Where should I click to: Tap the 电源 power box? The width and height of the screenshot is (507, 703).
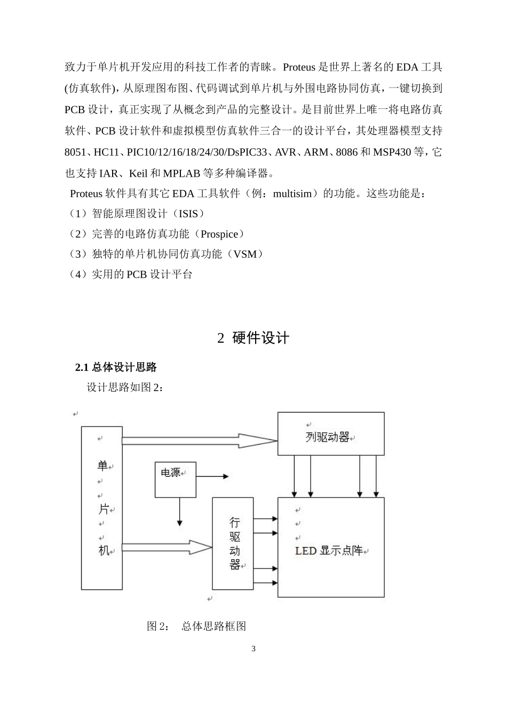click(175, 479)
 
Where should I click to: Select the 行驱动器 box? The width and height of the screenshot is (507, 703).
click(233, 543)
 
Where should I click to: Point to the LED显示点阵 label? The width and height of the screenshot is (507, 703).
click(329, 550)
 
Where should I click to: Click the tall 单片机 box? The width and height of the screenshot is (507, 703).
click(102, 507)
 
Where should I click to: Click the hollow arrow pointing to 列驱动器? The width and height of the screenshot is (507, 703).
click(199, 440)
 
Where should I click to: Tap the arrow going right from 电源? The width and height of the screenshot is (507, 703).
click(212, 476)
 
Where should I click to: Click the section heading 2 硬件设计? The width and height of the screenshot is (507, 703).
click(253, 338)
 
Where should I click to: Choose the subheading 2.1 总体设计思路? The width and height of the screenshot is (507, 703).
click(116, 367)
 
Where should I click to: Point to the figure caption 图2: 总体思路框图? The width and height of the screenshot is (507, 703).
click(196, 626)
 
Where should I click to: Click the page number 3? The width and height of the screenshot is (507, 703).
click(253, 649)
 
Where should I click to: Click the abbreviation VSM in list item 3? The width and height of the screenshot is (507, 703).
click(245, 254)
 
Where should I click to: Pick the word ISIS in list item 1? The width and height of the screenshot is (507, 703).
click(188, 214)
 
